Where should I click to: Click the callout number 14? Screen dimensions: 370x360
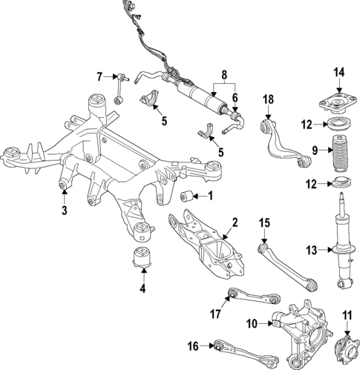pyautogui.click(x=339, y=72)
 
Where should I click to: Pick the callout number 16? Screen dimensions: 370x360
pyautogui.click(x=193, y=345)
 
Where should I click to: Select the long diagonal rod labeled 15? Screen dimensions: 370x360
pyautogui.click(x=287, y=263)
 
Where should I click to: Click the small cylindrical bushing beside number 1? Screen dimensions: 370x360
pyautogui.click(x=189, y=196)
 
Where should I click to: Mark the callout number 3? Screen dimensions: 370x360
pyautogui.click(x=65, y=211)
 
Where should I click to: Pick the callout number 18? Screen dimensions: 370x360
pyautogui.click(x=268, y=99)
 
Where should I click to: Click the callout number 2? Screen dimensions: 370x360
pyautogui.click(x=235, y=222)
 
